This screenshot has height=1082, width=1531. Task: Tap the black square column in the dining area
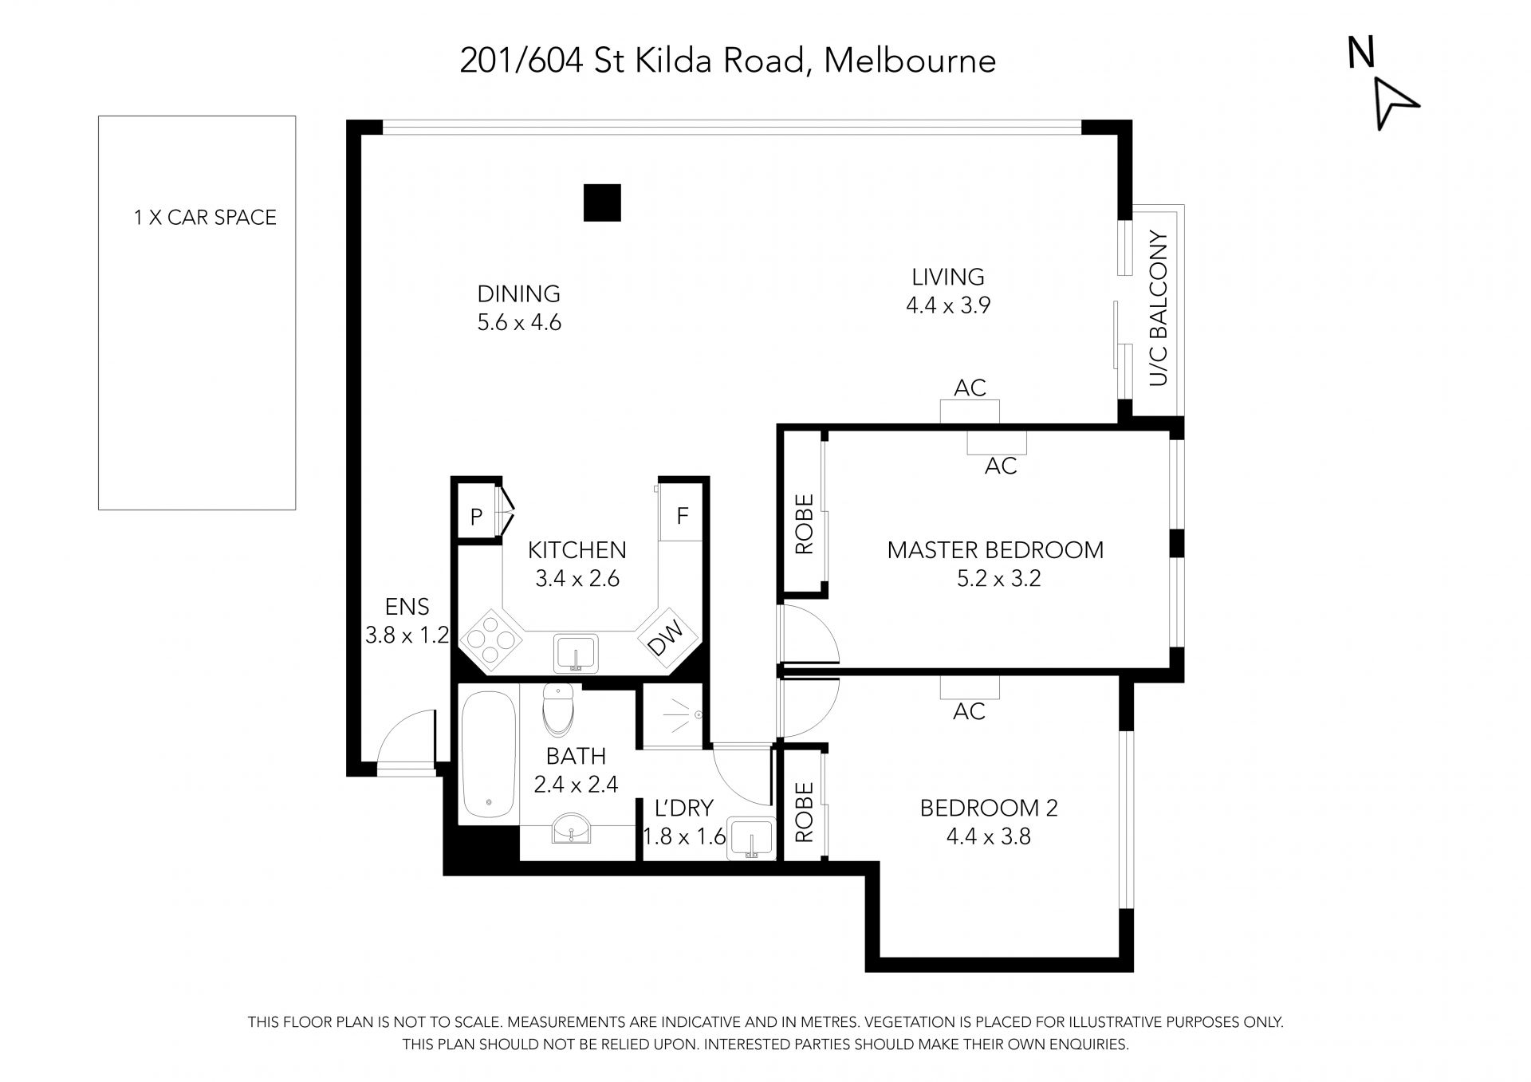point(602,203)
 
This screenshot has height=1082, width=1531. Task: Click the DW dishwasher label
point(667,639)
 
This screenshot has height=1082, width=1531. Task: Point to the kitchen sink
point(575,654)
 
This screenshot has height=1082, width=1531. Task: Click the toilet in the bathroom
point(558,709)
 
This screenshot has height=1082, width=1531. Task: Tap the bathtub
point(488,755)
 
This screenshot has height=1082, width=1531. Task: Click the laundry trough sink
point(751,839)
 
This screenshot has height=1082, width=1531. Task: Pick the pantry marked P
point(477,516)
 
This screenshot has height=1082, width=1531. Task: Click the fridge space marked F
point(682,515)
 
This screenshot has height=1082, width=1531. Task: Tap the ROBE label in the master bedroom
point(805,524)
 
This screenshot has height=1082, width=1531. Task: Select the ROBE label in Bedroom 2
point(805,812)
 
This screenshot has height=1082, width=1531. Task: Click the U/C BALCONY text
point(1159,309)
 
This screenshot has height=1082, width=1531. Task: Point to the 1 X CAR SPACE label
point(205,218)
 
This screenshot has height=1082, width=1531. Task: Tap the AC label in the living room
point(970,388)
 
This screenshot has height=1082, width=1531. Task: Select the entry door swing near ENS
point(407,738)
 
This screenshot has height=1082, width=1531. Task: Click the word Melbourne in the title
point(910,61)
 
